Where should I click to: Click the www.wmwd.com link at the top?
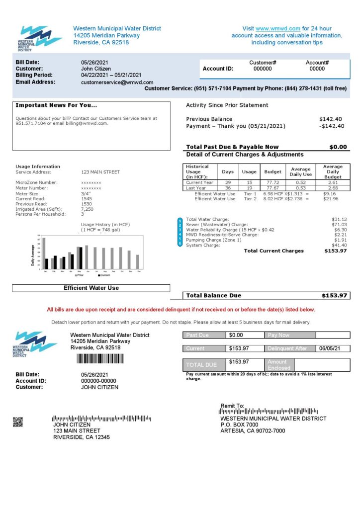(x=278, y=28)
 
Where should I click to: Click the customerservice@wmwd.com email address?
(x=117, y=83)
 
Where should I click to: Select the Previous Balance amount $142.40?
(x=331, y=119)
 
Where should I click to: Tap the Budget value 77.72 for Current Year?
(x=272, y=183)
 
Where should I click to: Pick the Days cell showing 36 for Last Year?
(x=228, y=188)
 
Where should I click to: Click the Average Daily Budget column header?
(x=333, y=171)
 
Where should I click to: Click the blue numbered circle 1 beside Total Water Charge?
(x=180, y=220)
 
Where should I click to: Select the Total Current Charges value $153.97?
(x=335, y=251)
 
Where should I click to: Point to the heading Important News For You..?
(x=56, y=105)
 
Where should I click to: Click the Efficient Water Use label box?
(x=91, y=288)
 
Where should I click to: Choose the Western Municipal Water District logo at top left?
(x=39, y=39)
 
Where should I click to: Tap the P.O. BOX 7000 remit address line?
(x=239, y=424)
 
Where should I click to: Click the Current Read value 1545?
(x=87, y=198)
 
